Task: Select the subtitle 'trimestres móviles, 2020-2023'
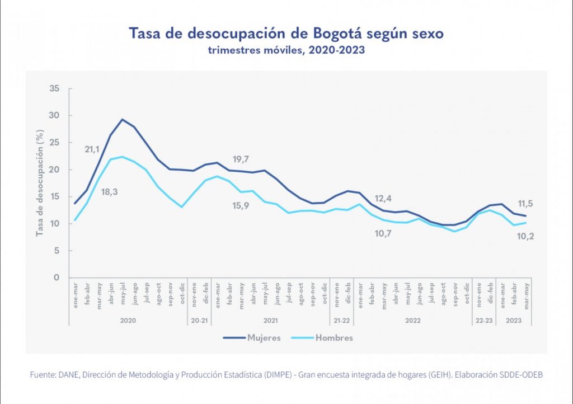[x=286, y=50]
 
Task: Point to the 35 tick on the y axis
[x=54, y=88]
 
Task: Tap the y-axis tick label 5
[x=56, y=251]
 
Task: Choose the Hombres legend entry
[x=334, y=338]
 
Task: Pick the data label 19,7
[x=241, y=159]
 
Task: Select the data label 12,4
[x=383, y=199]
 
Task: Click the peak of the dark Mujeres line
[x=123, y=119]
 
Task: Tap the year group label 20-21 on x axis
[x=199, y=322]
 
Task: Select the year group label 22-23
[x=485, y=322]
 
